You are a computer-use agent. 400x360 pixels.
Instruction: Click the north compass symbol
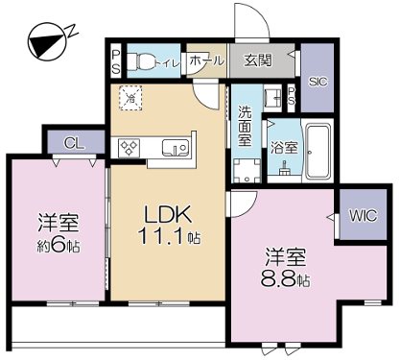coord(44,42)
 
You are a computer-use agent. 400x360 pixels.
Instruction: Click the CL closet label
coord(71,143)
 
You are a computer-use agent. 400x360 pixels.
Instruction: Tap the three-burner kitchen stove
coord(130,147)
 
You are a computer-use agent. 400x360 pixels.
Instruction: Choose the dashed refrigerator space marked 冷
coord(129,97)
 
